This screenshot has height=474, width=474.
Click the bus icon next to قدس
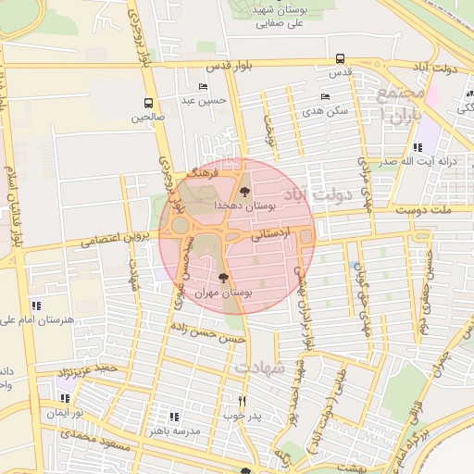tap(341, 56)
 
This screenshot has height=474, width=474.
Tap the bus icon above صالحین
tap(149, 103)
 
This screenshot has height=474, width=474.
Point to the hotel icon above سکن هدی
tap(324, 96)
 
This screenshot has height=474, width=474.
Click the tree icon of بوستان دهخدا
tap(244, 192)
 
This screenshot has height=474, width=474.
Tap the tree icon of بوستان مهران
tap(222, 277)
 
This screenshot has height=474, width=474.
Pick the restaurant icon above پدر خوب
tap(242, 402)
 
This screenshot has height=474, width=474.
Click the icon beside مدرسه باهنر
tap(174, 417)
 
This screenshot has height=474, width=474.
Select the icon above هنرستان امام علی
tap(36, 305)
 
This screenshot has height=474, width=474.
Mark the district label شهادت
tap(259, 368)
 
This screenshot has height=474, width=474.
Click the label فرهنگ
tap(201, 172)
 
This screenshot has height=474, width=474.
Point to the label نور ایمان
tap(67, 410)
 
